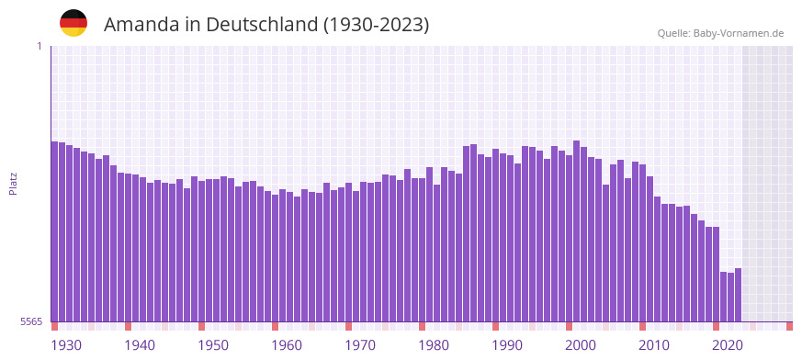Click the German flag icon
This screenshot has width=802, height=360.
point(73,24)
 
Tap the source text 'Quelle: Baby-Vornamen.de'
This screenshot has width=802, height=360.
point(720,33)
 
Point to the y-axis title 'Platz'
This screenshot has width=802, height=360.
point(13,183)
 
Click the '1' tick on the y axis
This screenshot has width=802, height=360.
point(39,46)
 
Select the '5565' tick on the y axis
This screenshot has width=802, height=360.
point(30,321)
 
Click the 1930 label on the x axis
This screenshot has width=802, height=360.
point(66,345)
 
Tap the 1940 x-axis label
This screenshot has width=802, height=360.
point(140,345)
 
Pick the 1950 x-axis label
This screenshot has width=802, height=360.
point(213,345)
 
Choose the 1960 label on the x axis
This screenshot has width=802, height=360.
point(287,345)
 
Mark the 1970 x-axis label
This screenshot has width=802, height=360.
point(360,345)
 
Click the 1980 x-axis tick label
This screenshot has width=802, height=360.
point(434,345)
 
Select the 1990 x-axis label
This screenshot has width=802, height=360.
point(507,345)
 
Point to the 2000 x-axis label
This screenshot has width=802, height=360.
point(581,345)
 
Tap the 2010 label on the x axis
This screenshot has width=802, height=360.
point(654,345)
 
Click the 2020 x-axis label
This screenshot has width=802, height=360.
point(728,345)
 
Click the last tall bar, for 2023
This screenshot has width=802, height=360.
point(738,295)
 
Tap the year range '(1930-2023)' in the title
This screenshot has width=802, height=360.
point(376,25)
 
